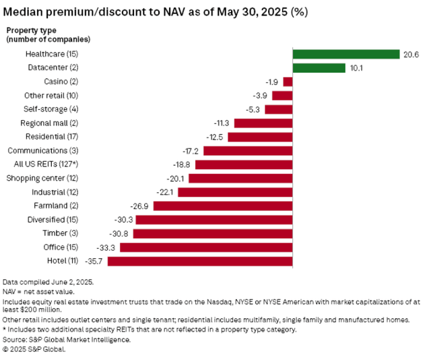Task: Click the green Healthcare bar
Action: tap(346, 54)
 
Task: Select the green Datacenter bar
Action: tap(319, 67)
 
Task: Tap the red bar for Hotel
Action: tap(200, 261)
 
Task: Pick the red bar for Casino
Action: tap(288, 82)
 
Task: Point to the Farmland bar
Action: tap(223, 206)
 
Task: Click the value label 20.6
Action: tap(411, 54)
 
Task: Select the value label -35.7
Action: tap(96, 261)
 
